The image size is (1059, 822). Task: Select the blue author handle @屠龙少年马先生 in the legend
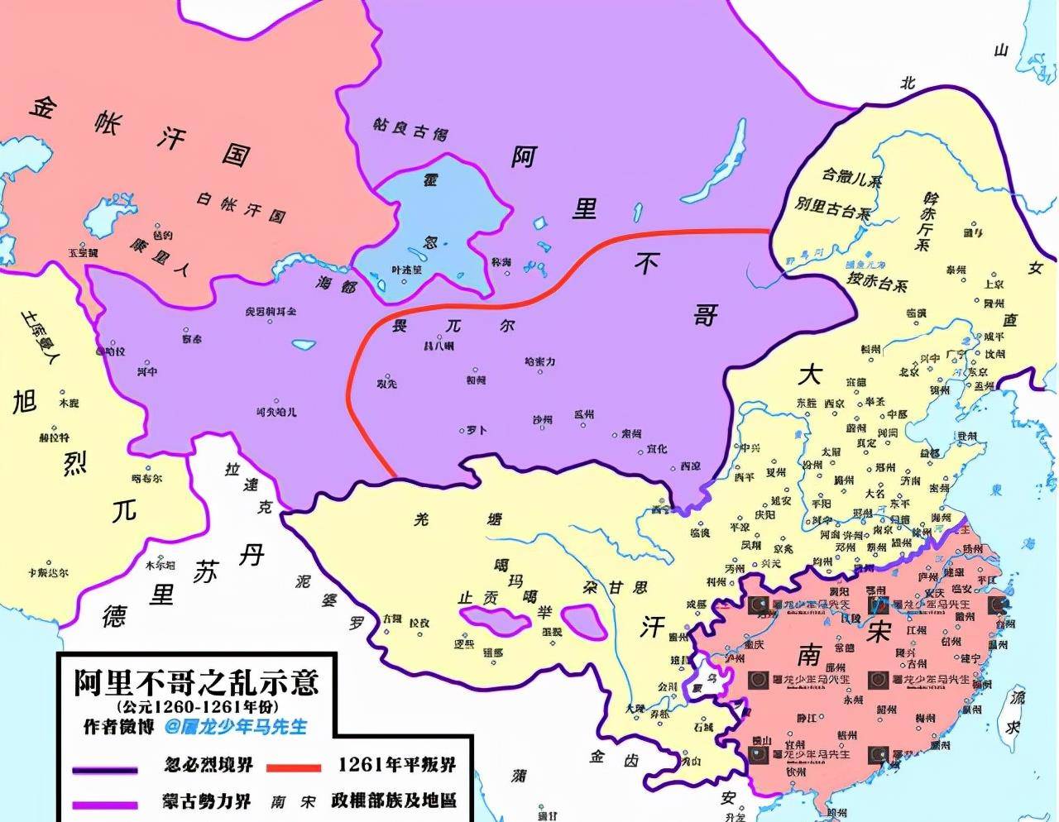click(235, 726)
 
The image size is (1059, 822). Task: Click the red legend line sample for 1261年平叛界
click(294, 767)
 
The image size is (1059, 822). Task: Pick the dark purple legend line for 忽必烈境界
click(104, 770)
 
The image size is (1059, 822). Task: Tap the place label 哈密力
click(539, 362)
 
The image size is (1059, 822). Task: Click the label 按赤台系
click(877, 282)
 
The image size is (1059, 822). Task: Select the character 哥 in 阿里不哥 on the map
click(703, 315)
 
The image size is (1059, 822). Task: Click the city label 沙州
click(542, 420)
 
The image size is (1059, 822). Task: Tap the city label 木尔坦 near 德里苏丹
click(161, 566)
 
